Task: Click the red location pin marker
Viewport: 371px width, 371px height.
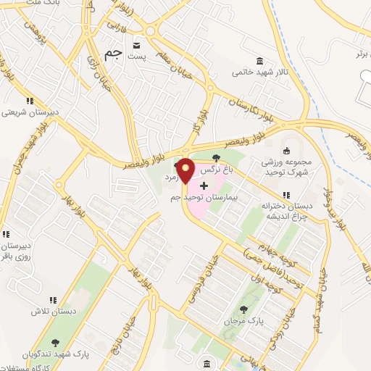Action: tap(185, 170)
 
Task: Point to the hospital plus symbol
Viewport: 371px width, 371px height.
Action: tap(203, 185)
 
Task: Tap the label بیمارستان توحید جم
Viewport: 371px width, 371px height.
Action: tap(214, 197)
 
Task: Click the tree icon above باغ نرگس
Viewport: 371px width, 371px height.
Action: tap(216, 158)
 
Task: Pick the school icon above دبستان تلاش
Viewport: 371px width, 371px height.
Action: tap(53, 299)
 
